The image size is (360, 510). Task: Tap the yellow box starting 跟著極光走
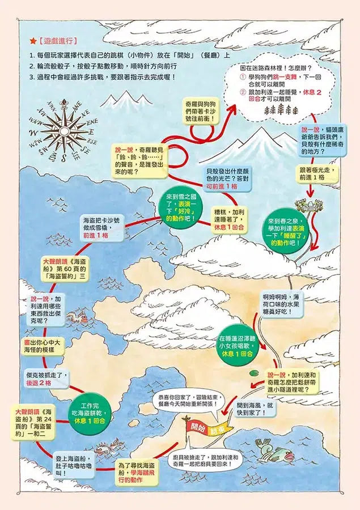pyautogui.click(x=317, y=173)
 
